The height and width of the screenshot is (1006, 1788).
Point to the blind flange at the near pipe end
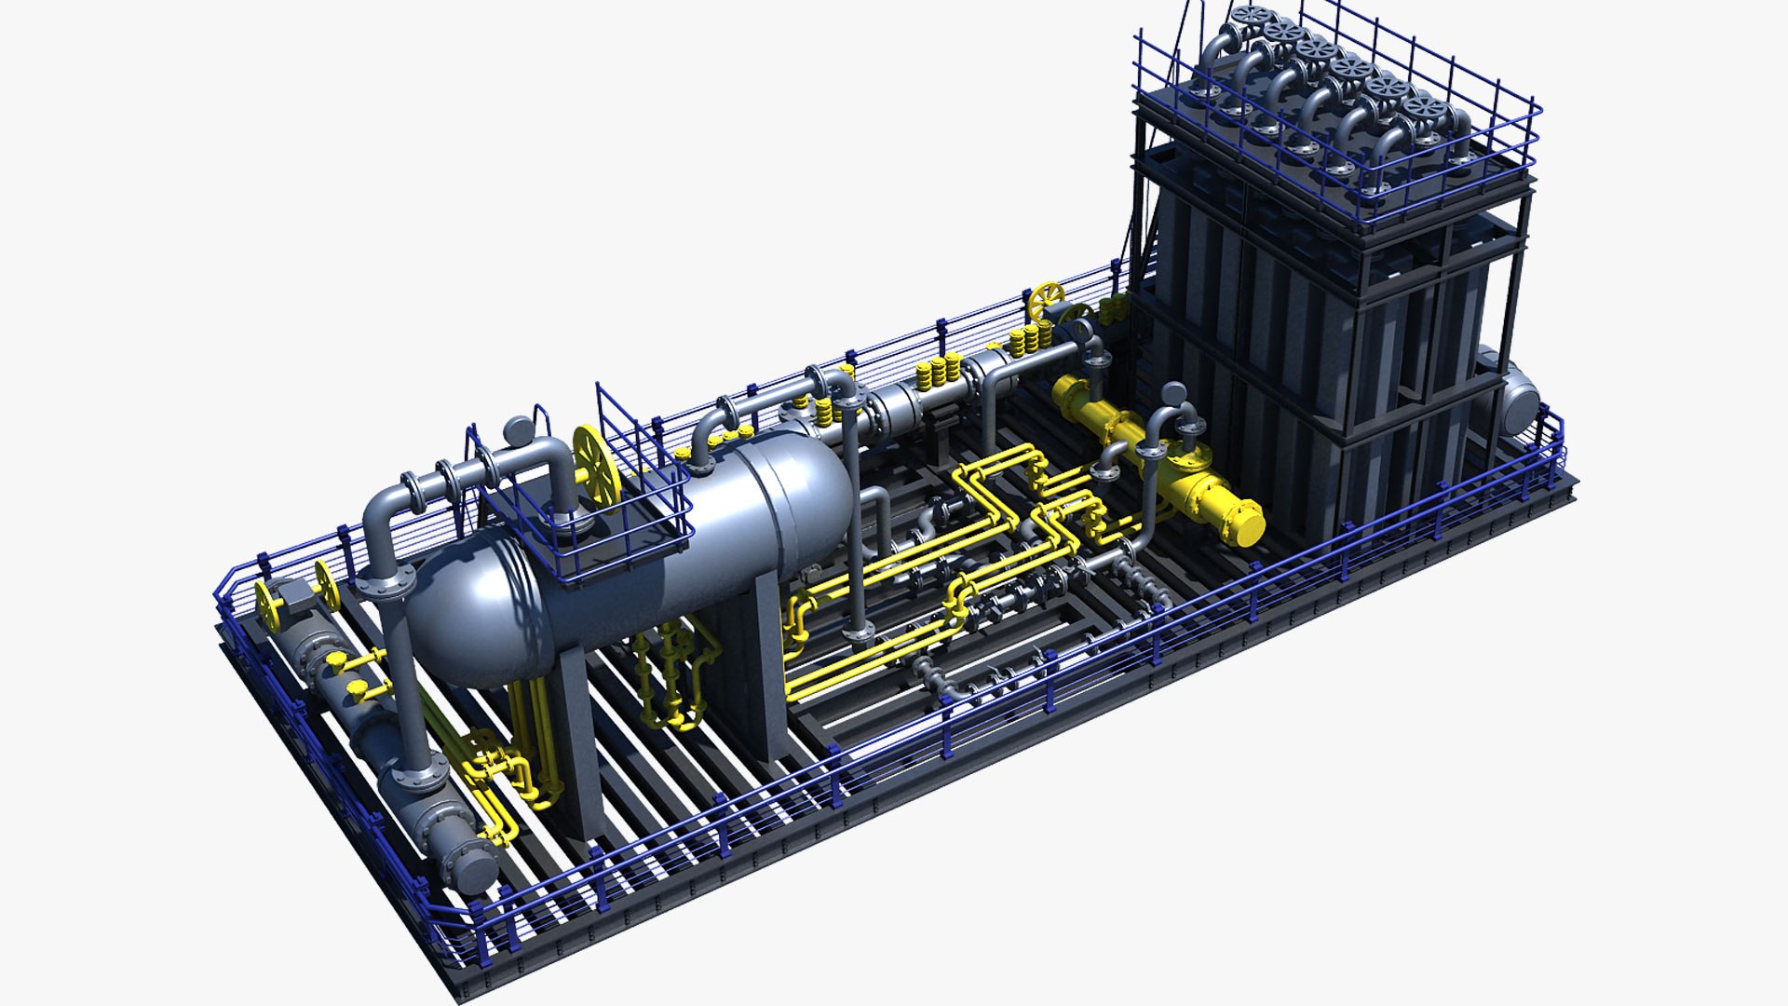coord(473,867)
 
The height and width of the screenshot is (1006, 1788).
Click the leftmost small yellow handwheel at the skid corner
coord(269,606)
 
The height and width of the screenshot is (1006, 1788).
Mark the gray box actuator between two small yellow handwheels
coord(296,596)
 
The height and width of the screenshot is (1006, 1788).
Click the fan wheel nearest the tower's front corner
coord(1428,111)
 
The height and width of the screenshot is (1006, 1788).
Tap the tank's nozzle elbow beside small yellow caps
coord(708,433)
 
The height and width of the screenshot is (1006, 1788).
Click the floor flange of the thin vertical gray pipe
coord(858,637)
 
